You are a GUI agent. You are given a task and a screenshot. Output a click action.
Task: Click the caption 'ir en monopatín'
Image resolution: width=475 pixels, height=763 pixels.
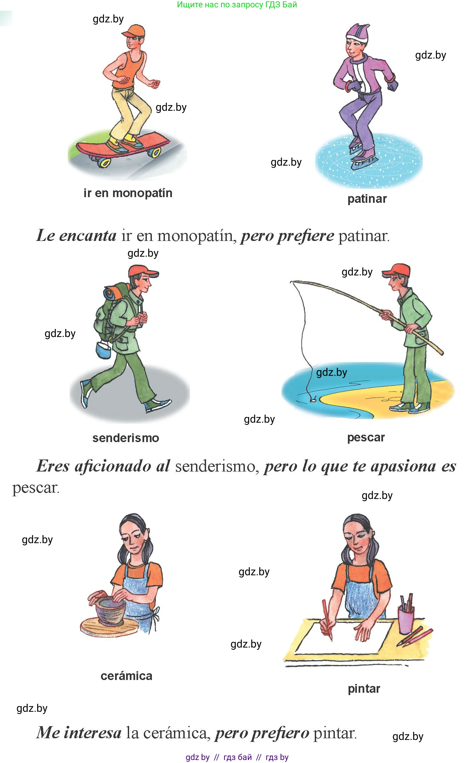click(128, 193)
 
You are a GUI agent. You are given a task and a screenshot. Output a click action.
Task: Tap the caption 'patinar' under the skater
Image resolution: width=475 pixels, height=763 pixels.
click(367, 199)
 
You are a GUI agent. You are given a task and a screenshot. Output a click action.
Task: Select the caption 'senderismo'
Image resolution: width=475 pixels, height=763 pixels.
click(126, 438)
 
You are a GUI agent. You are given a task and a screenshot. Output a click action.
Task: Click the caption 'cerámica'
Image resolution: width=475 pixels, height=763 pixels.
click(126, 676)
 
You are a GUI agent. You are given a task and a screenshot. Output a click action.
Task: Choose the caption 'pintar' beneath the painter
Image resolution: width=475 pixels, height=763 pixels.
click(364, 689)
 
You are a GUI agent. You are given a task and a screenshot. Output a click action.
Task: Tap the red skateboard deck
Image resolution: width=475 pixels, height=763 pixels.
click(122, 144)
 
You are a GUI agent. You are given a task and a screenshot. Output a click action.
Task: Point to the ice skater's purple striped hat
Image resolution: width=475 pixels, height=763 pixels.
click(357, 33)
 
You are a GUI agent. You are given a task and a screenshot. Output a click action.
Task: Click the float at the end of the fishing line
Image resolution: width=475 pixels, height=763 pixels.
click(313, 399)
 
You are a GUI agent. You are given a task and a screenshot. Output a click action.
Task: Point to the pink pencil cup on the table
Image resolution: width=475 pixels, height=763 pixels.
click(406, 620)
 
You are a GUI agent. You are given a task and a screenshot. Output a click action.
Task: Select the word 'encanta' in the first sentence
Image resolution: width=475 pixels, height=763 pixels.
click(88, 235)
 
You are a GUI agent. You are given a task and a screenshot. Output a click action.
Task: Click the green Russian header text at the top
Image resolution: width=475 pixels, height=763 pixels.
click(237, 5)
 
